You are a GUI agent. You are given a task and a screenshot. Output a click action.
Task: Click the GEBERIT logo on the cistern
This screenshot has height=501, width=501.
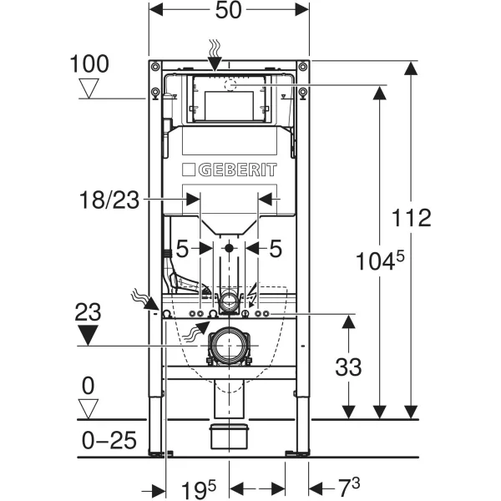coord(229,170)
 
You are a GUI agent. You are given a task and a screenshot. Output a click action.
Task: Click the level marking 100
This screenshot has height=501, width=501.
coord(90,63)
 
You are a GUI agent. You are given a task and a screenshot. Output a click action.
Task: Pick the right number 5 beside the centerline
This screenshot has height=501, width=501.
coord(276,248)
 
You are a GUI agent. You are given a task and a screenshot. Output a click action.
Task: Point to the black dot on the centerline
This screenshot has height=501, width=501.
coord(228,248)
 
